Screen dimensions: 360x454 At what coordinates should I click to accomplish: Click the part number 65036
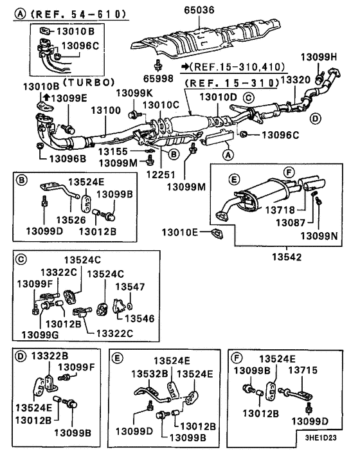199,10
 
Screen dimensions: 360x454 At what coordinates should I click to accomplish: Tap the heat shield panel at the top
206,38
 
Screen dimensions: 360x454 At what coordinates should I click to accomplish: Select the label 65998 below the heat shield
158,78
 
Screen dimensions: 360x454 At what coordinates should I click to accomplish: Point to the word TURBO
89,82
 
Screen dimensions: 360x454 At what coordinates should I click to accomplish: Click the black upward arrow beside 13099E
46,97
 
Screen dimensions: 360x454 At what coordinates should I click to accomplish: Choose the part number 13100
106,111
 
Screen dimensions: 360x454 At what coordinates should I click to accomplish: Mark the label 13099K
134,93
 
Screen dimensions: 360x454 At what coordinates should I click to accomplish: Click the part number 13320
295,80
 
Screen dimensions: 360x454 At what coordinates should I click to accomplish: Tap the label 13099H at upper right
319,57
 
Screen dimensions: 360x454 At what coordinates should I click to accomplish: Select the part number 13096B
67,158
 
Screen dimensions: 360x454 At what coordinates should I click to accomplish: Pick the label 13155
113,151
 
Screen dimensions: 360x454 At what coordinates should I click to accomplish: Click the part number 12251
161,175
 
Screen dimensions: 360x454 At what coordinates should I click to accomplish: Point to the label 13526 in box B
71,220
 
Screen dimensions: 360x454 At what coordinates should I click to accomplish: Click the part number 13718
280,210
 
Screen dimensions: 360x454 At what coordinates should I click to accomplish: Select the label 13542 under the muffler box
287,257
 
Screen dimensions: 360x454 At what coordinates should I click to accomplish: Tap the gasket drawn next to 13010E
218,233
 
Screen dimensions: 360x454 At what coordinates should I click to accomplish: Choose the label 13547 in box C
130,287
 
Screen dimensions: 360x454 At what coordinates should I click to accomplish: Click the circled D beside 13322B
21,356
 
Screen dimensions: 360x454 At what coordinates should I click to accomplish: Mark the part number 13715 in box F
303,370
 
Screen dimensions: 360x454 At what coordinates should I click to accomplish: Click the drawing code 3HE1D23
321,437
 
